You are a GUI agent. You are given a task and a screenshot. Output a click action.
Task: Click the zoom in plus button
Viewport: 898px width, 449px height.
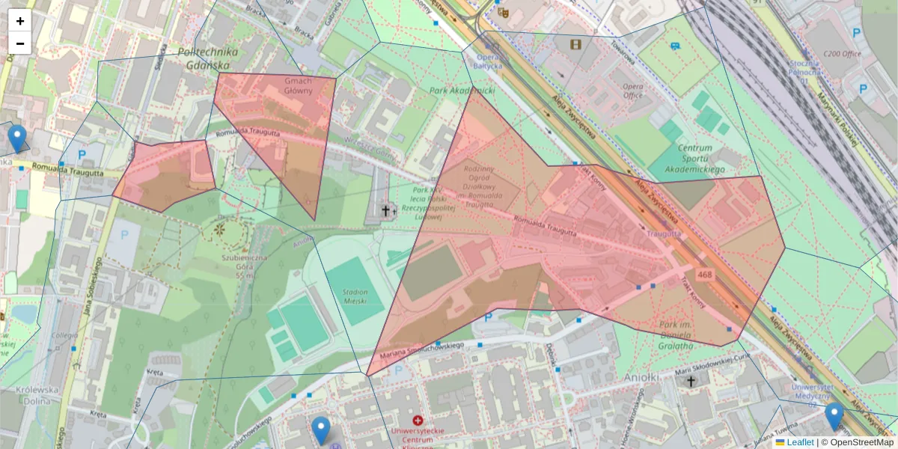click(x=20, y=21)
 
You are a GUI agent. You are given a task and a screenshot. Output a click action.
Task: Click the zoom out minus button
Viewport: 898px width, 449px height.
click(x=20, y=43)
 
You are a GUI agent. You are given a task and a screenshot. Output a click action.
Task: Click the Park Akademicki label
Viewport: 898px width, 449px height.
click(x=462, y=91)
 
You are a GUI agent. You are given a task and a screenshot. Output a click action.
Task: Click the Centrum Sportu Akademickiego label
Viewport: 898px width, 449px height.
click(x=695, y=159)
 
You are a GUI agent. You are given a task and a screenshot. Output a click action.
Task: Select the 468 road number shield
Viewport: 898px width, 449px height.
click(x=704, y=275)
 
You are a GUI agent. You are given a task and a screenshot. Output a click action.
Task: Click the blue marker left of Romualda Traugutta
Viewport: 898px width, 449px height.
click(x=16, y=138)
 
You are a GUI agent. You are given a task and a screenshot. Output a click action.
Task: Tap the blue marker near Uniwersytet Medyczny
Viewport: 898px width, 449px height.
click(x=834, y=416)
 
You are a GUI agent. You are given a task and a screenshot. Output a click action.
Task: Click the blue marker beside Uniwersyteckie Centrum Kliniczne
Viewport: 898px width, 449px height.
click(x=321, y=430)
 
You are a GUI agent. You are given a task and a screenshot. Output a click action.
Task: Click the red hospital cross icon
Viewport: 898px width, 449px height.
click(x=417, y=421)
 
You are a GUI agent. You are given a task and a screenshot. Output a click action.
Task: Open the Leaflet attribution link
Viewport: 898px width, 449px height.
click(x=799, y=442)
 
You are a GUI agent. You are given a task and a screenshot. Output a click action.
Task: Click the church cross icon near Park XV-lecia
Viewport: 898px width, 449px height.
click(x=387, y=210)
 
